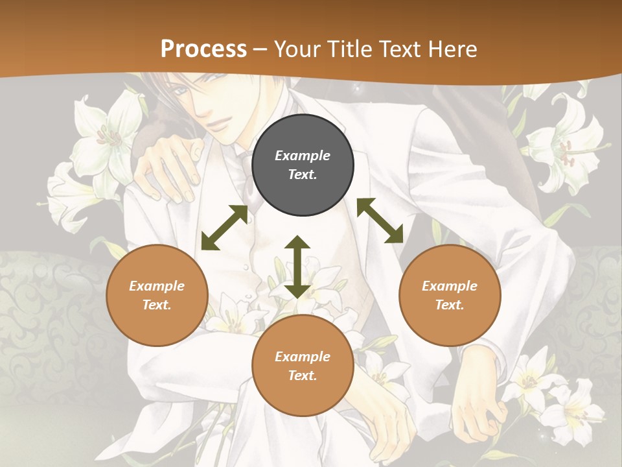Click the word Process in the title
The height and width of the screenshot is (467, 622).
[x=203, y=49]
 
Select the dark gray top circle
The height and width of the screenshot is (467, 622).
[x=303, y=165]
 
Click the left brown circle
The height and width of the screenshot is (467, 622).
[x=157, y=295]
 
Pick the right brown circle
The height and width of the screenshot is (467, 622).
[x=450, y=295]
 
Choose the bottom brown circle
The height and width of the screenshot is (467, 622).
[x=303, y=366]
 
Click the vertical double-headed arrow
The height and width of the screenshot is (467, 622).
[x=297, y=267]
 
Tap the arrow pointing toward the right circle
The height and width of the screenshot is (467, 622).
[x=380, y=221]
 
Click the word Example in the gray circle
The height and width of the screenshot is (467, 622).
[x=303, y=156]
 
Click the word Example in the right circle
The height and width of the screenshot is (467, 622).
[x=450, y=286]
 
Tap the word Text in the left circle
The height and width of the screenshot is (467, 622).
[x=157, y=305]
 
